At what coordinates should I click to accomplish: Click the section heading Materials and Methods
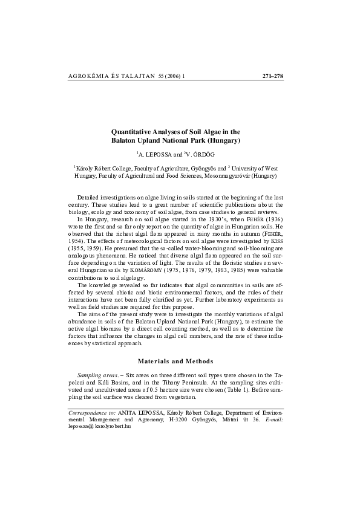pos(175,361)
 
